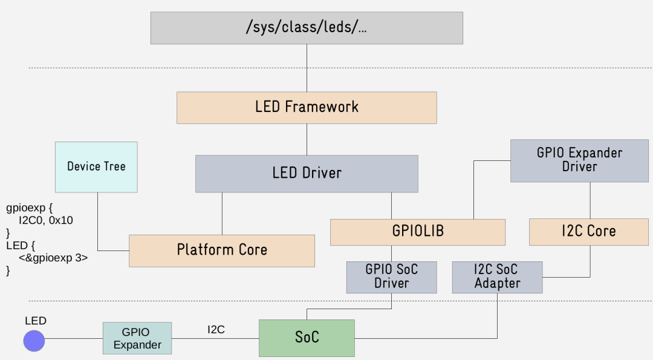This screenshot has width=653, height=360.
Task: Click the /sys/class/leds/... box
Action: pyautogui.click(x=307, y=28)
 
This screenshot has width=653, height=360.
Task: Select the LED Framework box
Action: pyautogui.click(x=307, y=108)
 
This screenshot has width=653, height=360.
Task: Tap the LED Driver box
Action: pyautogui.click(x=307, y=174)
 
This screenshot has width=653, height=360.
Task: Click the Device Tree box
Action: pyautogui.click(x=96, y=167)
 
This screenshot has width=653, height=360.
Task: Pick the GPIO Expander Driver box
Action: pyautogui.click(x=579, y=160)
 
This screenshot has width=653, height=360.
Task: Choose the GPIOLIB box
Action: pyautogui.click(x=417, y=232)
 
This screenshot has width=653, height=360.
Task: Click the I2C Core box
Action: pyautogui.click(x=589, y=232)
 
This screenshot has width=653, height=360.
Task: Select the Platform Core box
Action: pyautogui.click(x=222, y=250)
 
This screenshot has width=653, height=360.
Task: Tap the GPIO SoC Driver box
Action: pyautogui.click(x=391, y=277)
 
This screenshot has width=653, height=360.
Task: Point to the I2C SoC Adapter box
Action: pyautogui.click(x=497, y=277)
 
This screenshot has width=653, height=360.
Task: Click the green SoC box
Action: pyautogui.click(x=307, y=338)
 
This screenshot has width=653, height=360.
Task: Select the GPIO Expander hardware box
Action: pyautogui.click(x=137, y=338)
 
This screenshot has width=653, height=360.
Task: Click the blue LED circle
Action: pyautogui.click(x=34, y=340)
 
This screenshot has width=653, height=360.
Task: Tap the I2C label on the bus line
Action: pyautogui.click(x=216, y=330)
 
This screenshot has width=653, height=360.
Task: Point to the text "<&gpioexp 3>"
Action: pyautogui.click(x=53, y=258)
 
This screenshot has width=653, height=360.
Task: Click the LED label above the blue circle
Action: pyautogui.click(x=35, y=321)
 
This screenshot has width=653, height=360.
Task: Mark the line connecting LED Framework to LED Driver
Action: pyautogui.click(x=307, y=139)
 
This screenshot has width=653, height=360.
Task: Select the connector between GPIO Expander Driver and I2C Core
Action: pyautogui.click(x=590, y=200)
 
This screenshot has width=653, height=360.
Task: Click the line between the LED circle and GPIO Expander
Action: pyautogui.click(x=74, y=339)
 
